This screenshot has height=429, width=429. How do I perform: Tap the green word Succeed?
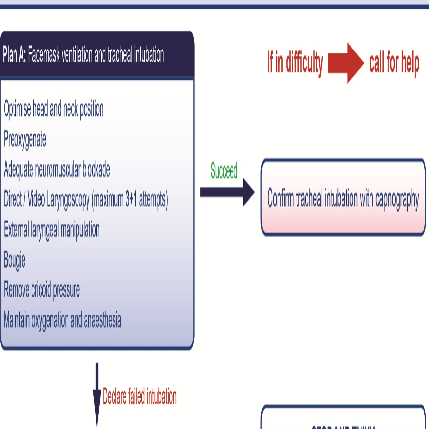224,170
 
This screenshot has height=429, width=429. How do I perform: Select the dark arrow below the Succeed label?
227,192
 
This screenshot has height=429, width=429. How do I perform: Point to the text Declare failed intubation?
140,396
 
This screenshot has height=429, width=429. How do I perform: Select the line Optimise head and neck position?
54,109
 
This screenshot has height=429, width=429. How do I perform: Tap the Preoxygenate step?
25,140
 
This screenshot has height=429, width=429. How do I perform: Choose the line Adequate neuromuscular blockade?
57,169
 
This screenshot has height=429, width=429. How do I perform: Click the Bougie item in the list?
14,260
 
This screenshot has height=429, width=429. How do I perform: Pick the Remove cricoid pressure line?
42,290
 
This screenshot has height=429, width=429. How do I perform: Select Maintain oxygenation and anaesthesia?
62,320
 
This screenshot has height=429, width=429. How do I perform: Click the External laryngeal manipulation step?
52,230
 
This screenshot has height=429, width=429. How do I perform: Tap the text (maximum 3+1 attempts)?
130,200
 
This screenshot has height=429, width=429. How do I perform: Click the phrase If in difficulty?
295,62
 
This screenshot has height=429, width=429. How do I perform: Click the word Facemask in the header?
44,55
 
